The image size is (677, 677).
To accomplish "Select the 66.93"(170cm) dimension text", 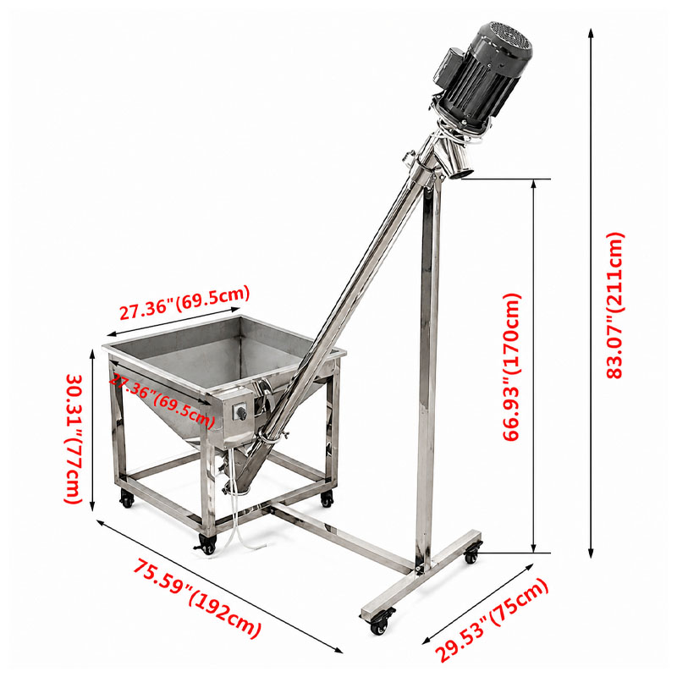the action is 513,367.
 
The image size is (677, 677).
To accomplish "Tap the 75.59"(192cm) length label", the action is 196,597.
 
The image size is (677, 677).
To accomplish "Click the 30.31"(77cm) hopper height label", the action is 74,438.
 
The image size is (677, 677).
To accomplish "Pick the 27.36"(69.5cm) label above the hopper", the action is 184,302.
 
